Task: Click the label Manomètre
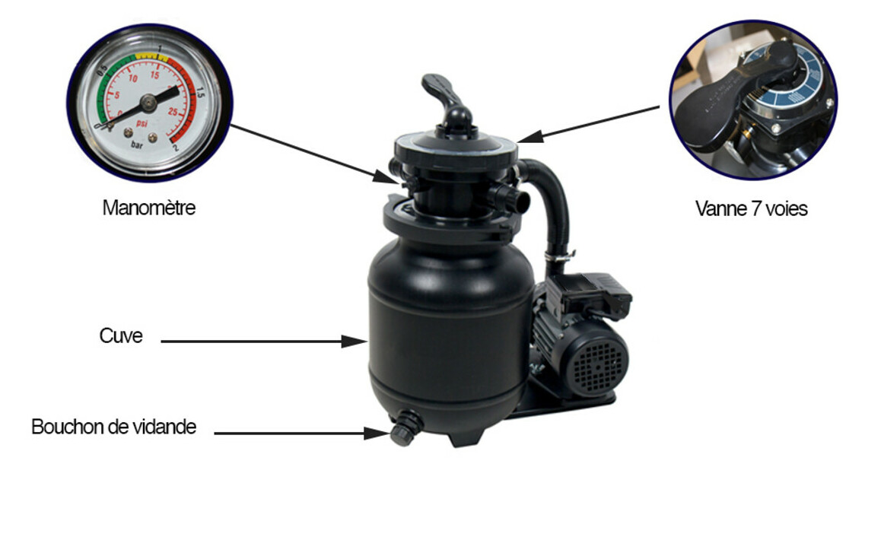[148, 208]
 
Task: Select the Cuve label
[120, 335]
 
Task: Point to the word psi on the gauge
[141, 123]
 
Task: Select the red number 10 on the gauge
[133, 78]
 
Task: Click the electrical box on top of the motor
[593, 293]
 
